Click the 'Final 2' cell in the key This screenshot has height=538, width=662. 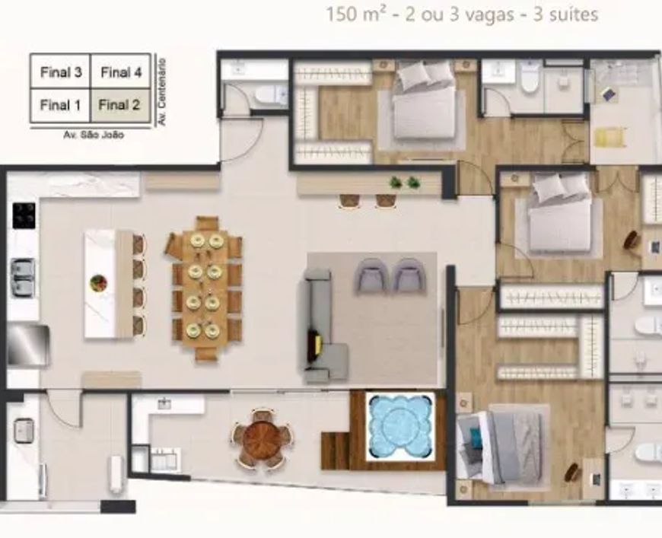point(120,105)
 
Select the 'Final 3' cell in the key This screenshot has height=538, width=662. point(60,72)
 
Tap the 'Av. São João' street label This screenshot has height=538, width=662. point(94,135)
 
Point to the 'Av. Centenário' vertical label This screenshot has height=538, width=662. point(161,91)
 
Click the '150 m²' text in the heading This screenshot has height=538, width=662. point(356,14)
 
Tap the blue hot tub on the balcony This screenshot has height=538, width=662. point(399,426)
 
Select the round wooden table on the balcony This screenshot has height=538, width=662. point(263,438)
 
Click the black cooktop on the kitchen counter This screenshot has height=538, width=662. point(24,215)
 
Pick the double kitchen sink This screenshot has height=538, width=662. point(23,276)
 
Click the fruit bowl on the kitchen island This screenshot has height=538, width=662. point(98,283)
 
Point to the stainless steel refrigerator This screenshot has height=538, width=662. point(27,345)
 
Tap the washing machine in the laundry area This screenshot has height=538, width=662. point(24,430)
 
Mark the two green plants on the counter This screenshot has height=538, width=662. point(405,183)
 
